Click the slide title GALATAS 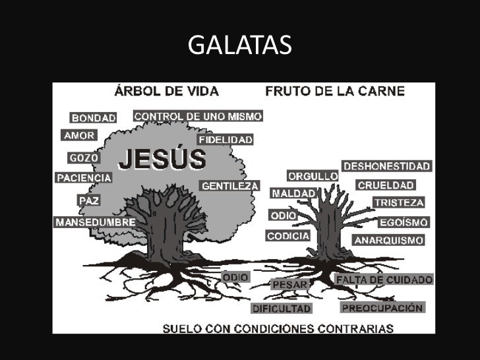239,45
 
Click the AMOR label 79,136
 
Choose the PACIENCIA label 84,178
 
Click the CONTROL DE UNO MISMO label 198,116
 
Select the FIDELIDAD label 226,140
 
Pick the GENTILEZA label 229,186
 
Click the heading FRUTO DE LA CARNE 335,91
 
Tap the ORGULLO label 313,177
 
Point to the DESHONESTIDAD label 386,166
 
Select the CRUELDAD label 386,185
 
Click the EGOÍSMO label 403,222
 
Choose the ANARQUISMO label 389,240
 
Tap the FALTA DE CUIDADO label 384,280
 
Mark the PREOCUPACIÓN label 382,307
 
